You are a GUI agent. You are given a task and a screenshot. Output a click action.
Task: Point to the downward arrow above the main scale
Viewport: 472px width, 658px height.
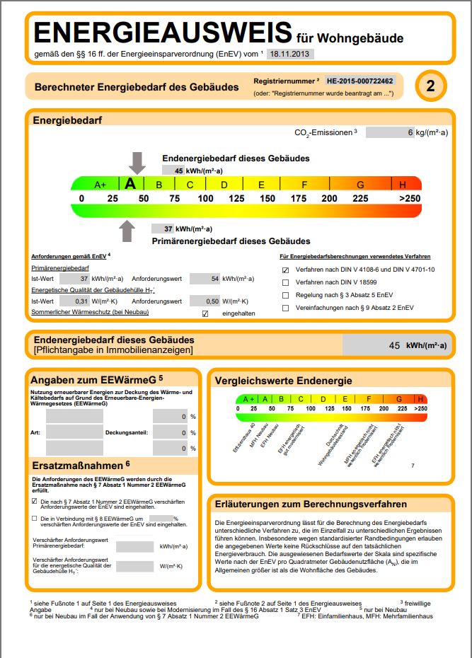click(x=137, y=163)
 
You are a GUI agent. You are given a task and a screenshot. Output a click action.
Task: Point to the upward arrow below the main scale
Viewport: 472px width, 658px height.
click(x=127, y=231)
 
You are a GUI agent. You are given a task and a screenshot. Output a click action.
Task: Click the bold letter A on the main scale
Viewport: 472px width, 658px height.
click(x=130, y=184)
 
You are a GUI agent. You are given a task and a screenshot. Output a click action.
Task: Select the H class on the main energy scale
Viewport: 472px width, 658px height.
click(x=403, y=185)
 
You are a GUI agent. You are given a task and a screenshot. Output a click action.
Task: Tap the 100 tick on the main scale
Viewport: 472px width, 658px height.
click(x=205, y=199)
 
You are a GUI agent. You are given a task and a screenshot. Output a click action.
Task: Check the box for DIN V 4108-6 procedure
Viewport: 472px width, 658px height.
click(x=286, y=270)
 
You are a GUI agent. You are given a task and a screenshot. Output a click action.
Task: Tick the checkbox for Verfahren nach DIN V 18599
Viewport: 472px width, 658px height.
click(x=286, y=282)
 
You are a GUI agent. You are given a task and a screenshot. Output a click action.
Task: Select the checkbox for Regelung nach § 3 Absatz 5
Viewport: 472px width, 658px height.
click(x=286, y=295)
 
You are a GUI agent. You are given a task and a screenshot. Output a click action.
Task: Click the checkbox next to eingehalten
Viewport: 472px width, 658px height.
click(x=205, y=313)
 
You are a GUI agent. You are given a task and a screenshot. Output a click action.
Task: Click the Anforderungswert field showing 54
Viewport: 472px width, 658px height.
click(x=205, y=279)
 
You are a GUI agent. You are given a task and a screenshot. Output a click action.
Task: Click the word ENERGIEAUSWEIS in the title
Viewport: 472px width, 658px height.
click(x=163, y=33)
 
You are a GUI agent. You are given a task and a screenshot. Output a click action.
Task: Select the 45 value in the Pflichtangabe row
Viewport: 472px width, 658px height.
click(x=395, y=345)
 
